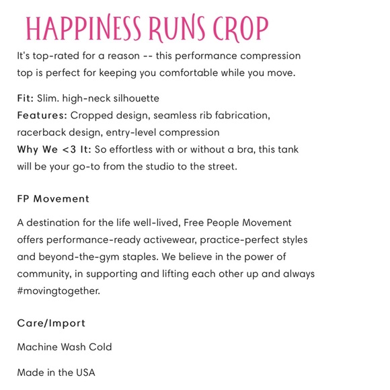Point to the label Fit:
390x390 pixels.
25,98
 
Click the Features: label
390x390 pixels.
41,116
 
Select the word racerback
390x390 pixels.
41,132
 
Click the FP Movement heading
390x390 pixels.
53,199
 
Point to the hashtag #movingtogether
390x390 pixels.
59,290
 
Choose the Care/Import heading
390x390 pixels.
51,323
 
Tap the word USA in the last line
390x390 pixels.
85,373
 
